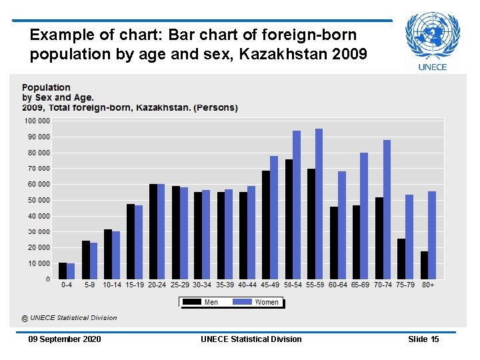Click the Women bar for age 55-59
coord(319,203)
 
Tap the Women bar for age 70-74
coord(387,209)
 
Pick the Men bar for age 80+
coord(424,265)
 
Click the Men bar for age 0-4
coord(63,271)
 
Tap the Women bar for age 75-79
coord(409,237)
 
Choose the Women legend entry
coord(258,302)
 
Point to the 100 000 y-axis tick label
coord(37,121)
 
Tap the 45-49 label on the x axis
coord(269,285)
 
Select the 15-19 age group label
coord(134,285)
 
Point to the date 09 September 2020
coord(65,339)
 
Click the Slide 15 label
coord(423,339)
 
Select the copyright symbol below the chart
coord(25,318)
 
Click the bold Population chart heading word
coord(46,87)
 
